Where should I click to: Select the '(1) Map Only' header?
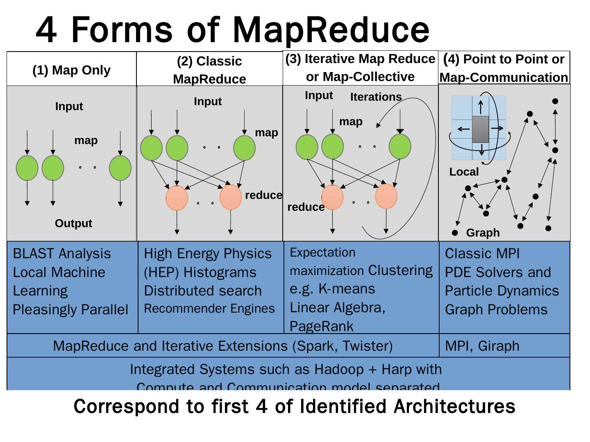click(x=71, y=70)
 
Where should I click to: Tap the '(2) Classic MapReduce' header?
click(x=209, y=70)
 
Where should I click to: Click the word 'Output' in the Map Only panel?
click(x=73, y=223)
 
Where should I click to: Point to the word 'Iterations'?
click(x=376, y=97)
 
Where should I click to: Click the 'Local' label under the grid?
click(x=464, y=172)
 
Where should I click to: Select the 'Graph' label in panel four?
click(x=483, y=233)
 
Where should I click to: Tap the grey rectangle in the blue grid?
click(x=480, y=129)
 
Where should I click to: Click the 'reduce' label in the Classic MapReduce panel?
click(x=263, y=195)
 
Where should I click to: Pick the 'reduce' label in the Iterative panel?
click(x=306, y=207)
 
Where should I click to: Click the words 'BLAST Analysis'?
click(x=62, y=254)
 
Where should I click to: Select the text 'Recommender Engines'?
click(x=209, y=309)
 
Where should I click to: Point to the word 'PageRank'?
click(x=321, y=326)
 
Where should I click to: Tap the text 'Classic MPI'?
click(x=482, y=254)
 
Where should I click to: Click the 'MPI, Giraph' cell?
click(x=482, y=346)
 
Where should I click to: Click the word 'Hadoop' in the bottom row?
click(x=339, y=370)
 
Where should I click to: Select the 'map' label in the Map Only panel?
click(x=86, y=140)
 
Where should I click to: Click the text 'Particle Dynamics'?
click(x=501, y=291)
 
